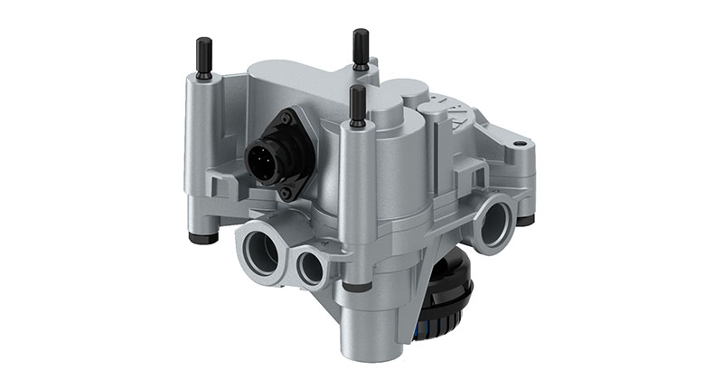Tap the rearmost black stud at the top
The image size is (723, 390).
pos(361,47)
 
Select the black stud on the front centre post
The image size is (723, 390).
pos(358,105)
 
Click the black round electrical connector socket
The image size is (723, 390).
pos(270,153)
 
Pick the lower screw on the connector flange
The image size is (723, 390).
pos(286,192)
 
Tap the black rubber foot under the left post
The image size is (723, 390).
pos(203,238)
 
